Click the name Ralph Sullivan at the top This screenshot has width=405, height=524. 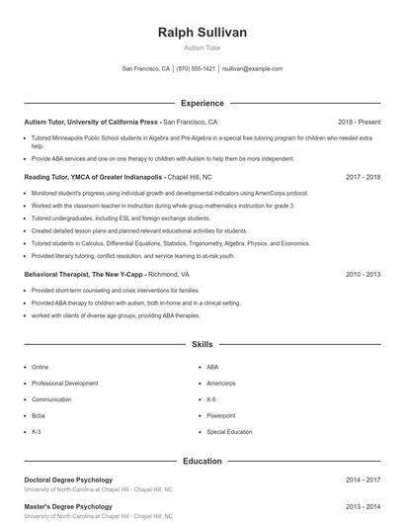tap(202, 33)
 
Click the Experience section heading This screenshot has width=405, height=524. tap(202, 103)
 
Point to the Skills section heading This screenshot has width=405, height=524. tap(202, 345)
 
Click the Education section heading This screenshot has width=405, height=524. tap(202, 461)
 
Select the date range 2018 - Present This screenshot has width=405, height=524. tap(359, 122)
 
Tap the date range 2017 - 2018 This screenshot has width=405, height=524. tap(363, 177)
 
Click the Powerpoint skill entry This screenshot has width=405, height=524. tap(220, 415)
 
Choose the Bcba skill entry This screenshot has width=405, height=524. tap(39, 415)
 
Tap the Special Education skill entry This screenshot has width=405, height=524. tap(229, 432)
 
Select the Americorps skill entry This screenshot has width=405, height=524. tap(221, 383)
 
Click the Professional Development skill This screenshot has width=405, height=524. tap(64, 383)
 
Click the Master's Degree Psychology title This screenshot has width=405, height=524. tap(67, 506)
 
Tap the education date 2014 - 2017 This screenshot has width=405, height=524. tap(363, 480)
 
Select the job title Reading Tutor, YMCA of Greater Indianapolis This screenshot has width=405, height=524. tap(93, 177)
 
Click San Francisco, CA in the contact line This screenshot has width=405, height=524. tap(146, 69)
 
